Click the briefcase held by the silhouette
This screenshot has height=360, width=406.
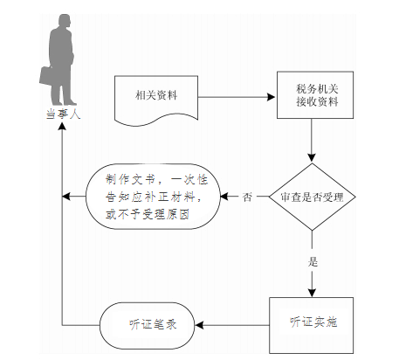(46, 76)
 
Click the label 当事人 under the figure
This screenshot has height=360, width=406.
(63, 114)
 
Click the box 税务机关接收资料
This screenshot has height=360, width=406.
(315, 95)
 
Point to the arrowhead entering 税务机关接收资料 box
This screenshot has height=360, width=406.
(272, 97)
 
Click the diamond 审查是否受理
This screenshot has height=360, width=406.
(312, 197)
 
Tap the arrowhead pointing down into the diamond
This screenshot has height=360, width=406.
(312, 158)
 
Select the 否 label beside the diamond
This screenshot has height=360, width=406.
(247, 197)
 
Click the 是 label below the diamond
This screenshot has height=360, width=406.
(313, 261)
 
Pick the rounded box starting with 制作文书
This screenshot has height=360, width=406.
(153, 197)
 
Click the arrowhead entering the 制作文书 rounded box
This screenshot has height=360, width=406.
(224, 197)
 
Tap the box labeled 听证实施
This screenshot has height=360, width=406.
(312, 325)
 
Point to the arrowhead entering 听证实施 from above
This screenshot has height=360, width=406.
(312, 293)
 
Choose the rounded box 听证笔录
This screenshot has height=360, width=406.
(147, 325)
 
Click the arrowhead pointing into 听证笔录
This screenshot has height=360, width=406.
(199, 325)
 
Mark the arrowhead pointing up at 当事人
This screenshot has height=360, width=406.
(62, 126)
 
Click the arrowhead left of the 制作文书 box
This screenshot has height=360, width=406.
(66, 197)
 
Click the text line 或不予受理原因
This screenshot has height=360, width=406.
(148, 214)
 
